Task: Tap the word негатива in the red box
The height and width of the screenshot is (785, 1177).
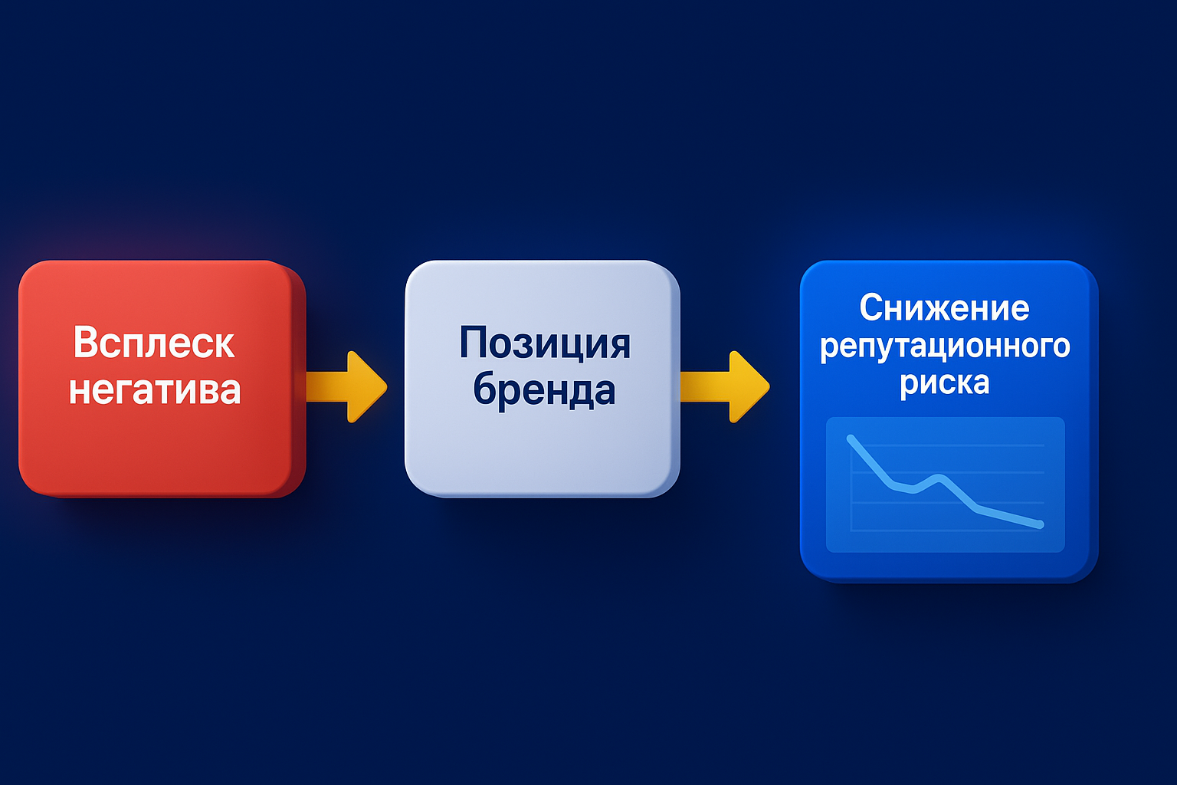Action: (x=155, y=389)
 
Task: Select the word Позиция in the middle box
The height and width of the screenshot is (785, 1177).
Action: (x=545, y=343)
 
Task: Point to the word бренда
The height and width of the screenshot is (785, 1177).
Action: (x=544, y=389)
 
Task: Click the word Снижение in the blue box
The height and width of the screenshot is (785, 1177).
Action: (x=944, y=308)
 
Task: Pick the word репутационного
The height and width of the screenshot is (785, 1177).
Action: (x=945, y=347)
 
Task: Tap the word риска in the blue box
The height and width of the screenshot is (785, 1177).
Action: (x=945, y=382)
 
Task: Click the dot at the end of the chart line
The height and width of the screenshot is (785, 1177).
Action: (x=1040, y=524)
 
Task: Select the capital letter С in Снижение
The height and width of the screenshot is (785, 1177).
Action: (x=870, y=308)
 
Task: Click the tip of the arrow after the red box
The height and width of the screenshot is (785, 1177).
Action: (x=385, y=386)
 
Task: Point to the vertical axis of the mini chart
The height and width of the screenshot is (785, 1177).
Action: (x=851, y=483)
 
